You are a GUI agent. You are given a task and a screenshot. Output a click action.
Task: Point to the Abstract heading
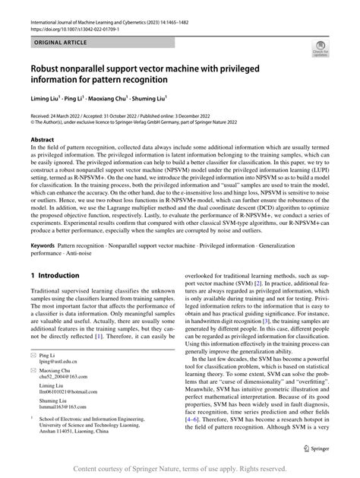(x=43, y=141)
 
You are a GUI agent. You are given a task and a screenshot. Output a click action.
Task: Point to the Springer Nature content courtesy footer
(x=179, y=468)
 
